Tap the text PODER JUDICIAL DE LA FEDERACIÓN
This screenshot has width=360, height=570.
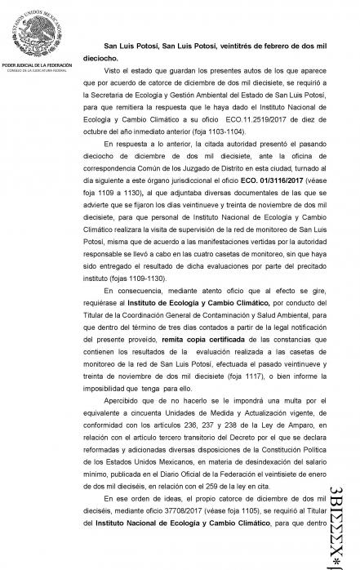click(35, 63)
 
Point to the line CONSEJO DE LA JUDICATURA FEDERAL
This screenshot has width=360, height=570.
click(35, 69)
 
